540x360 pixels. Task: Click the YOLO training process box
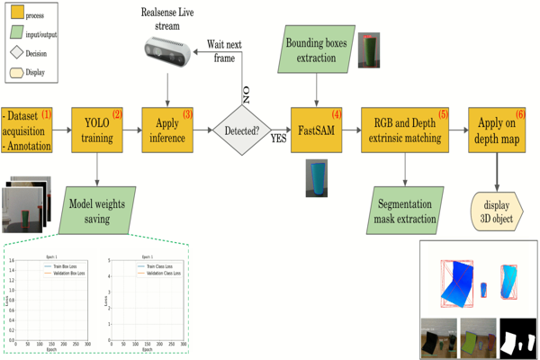pyautogui.click(x=96, y=130)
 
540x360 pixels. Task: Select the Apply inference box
pyautogui.click(x=168, y=130)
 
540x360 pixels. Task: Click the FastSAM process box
pyautogui.click(x=318, y=130)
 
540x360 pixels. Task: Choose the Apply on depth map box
pyautogui.click(x=496, y=130)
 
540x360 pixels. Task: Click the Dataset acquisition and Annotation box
pyautogui.click(x=28, y=130)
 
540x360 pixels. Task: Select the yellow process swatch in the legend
pyautogui.click(x=14, y=15)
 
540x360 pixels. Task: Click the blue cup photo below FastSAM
pyautogui.click(x=317, y=176)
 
